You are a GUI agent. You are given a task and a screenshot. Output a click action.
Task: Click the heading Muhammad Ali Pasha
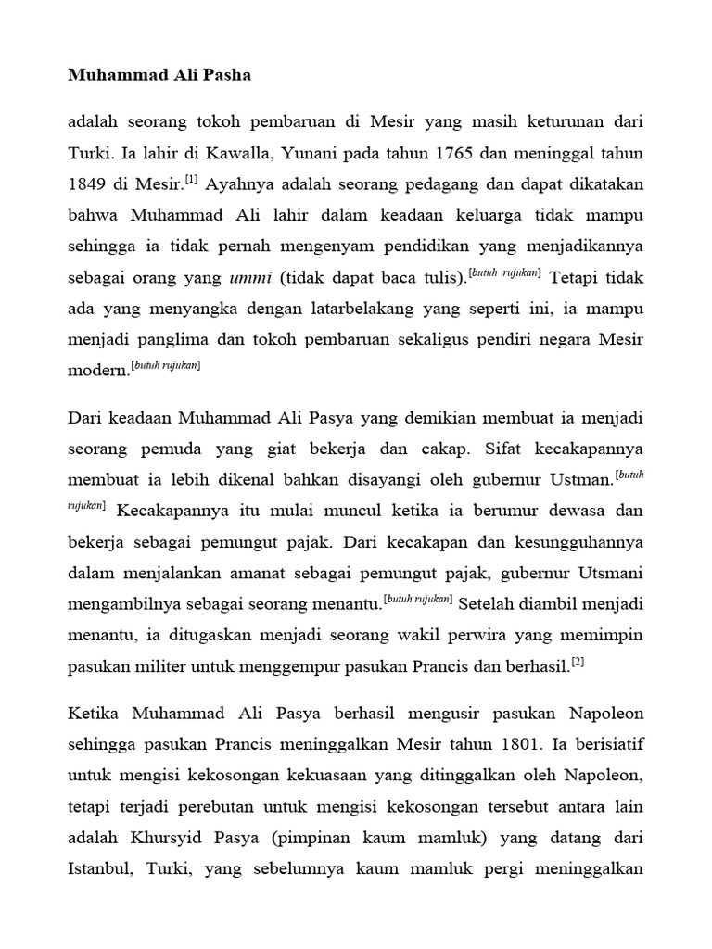[x=159, y=76]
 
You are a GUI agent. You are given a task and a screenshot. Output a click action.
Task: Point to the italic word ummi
[x=249, y=277]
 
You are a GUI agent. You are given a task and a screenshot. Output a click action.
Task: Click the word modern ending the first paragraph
[x=98, y=372]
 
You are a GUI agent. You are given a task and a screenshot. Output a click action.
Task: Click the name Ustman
[x=584, y=480]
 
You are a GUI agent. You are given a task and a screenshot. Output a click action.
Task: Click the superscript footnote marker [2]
[x=578, y=662]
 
